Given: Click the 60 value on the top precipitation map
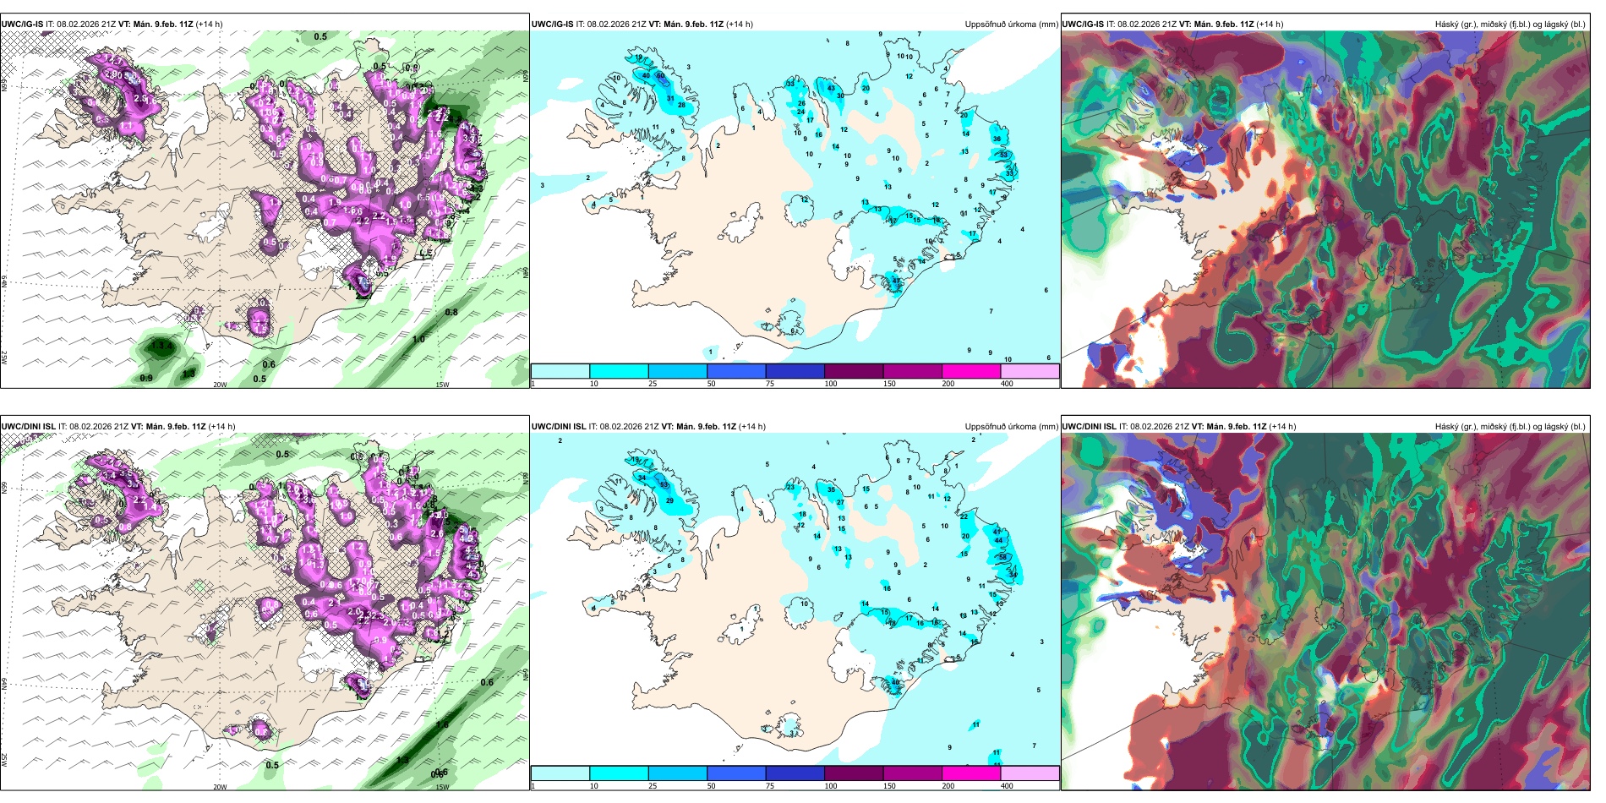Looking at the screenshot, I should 660,76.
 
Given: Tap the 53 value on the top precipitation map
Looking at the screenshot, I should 1004,155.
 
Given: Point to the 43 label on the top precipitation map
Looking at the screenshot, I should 831,88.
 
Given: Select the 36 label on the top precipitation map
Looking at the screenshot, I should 997,139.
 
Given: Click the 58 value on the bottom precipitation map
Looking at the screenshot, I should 1002,557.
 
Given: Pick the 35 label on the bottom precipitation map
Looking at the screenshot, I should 831,489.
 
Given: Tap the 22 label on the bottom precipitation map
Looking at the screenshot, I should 964,516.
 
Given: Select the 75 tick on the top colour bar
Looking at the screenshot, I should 769,384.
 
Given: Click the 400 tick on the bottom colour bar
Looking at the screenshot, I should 1007,786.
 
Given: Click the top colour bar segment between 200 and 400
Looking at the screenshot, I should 1030,371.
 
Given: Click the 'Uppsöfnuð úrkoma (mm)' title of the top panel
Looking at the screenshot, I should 1011,25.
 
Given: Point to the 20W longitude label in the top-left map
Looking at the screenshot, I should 220,385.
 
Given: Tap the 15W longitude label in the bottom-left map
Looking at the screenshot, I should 442,787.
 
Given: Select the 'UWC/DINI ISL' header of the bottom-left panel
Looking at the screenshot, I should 29,427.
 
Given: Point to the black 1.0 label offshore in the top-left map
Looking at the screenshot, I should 418,340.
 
